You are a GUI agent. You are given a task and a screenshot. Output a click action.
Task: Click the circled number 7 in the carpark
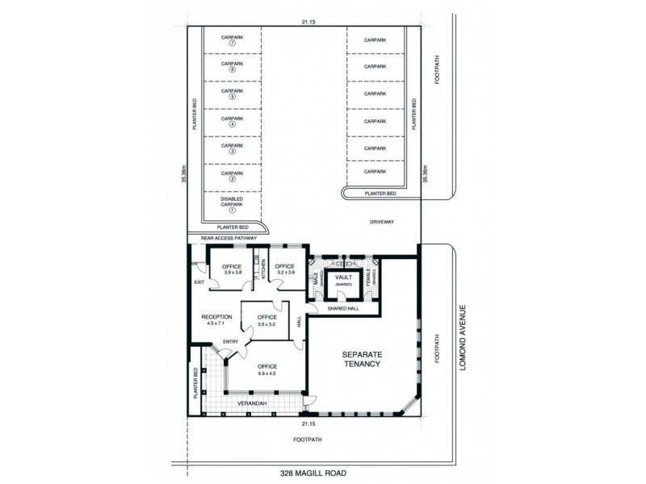click(x=232, y=44)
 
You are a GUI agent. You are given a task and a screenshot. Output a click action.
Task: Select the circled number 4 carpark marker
click(x=232, y=124)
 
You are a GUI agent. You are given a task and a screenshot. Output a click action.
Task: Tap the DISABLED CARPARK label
click(x=232, y=201)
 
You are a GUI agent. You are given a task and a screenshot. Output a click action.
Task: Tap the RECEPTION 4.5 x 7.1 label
click(x=216, y=319)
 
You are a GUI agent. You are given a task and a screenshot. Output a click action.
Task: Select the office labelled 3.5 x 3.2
click(x=267, y=319)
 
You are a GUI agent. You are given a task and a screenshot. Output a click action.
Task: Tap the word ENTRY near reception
click(x=230, y=341)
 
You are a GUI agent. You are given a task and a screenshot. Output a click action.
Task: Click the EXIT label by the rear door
click(x=199, y=282)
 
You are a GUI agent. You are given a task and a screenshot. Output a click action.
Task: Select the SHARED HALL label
click(x=343, y=307)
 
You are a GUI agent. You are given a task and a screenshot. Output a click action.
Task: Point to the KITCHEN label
click(x=263, y=269)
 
